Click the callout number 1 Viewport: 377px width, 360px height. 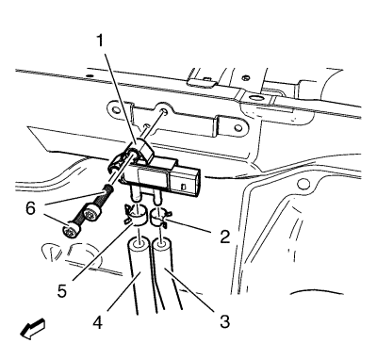pos(100,41)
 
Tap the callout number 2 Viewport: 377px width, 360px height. pos(224,237)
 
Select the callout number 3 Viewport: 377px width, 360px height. pos(224,321)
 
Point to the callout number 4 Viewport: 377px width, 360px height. pos(98,322)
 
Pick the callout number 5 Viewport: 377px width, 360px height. pos(62,290)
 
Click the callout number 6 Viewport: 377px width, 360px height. pos(30,208)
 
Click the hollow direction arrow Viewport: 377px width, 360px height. pos(32,329)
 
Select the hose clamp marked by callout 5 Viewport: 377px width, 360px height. pos(135,215)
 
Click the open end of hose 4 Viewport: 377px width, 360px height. pos(139,244)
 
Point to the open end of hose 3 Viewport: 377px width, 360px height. pos(162,244)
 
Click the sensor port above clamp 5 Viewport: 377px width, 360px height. pos(136,193)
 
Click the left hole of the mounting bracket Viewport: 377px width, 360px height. pos(116,110)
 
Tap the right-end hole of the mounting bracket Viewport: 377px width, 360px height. pos(239,128)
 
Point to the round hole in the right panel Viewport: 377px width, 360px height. pos(303,184)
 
